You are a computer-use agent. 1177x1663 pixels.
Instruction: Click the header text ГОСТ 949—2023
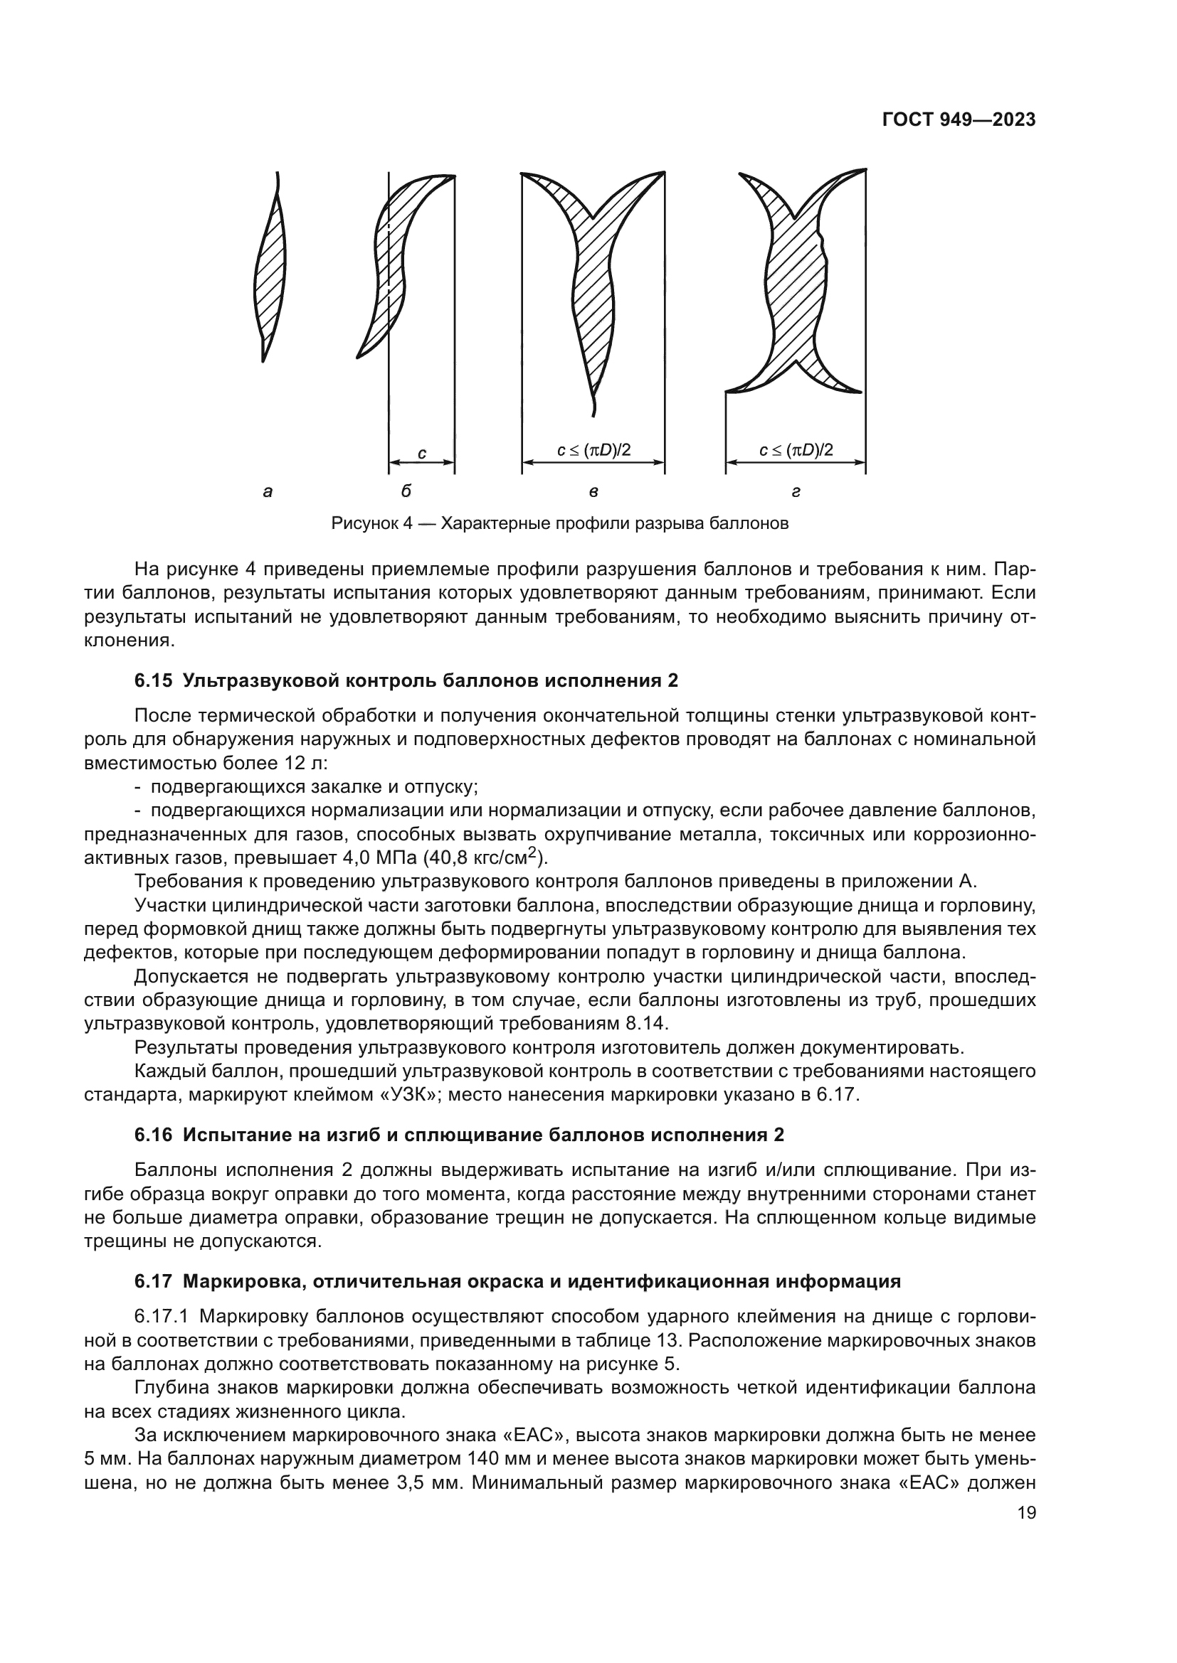[x=958, y=120]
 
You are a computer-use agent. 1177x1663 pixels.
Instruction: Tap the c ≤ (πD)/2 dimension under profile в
[x=593, y=450]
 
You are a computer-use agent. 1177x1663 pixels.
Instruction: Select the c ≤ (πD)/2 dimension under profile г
[x=796, y=450]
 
